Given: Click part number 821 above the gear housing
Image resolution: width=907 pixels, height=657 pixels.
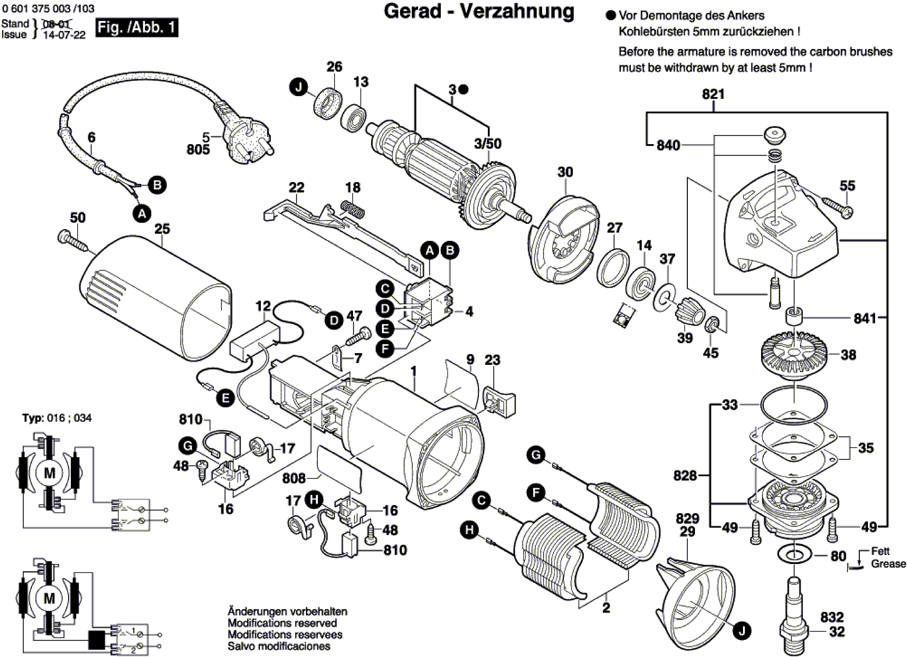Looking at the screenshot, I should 713,94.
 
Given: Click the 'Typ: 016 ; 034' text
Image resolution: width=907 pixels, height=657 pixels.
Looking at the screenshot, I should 57,418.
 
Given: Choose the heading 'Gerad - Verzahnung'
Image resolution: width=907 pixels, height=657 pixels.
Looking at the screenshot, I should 479,12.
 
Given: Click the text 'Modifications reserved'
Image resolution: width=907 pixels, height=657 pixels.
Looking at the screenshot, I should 282,623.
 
